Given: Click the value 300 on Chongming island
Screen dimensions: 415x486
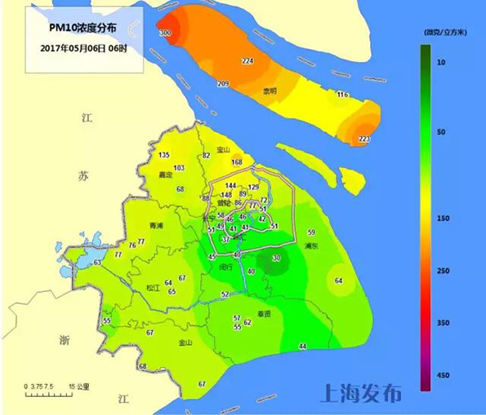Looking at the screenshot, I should pos(165,33).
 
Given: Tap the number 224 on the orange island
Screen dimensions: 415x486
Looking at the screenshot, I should pos(248,61).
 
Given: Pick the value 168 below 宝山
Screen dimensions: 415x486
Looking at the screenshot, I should pos(237,162).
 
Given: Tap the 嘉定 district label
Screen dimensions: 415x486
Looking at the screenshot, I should pos(166,174).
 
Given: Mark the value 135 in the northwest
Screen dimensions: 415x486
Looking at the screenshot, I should pos(164,155).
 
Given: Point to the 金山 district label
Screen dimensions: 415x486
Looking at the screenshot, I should pos(185,342).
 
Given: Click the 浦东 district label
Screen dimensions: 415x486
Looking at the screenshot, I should pos(310,245).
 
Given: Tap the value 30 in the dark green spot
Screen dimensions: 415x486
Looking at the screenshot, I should pos(276,258).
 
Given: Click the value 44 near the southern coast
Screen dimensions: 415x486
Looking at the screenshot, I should pos(302,347).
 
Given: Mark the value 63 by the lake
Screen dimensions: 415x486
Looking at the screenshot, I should pos(97,263).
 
